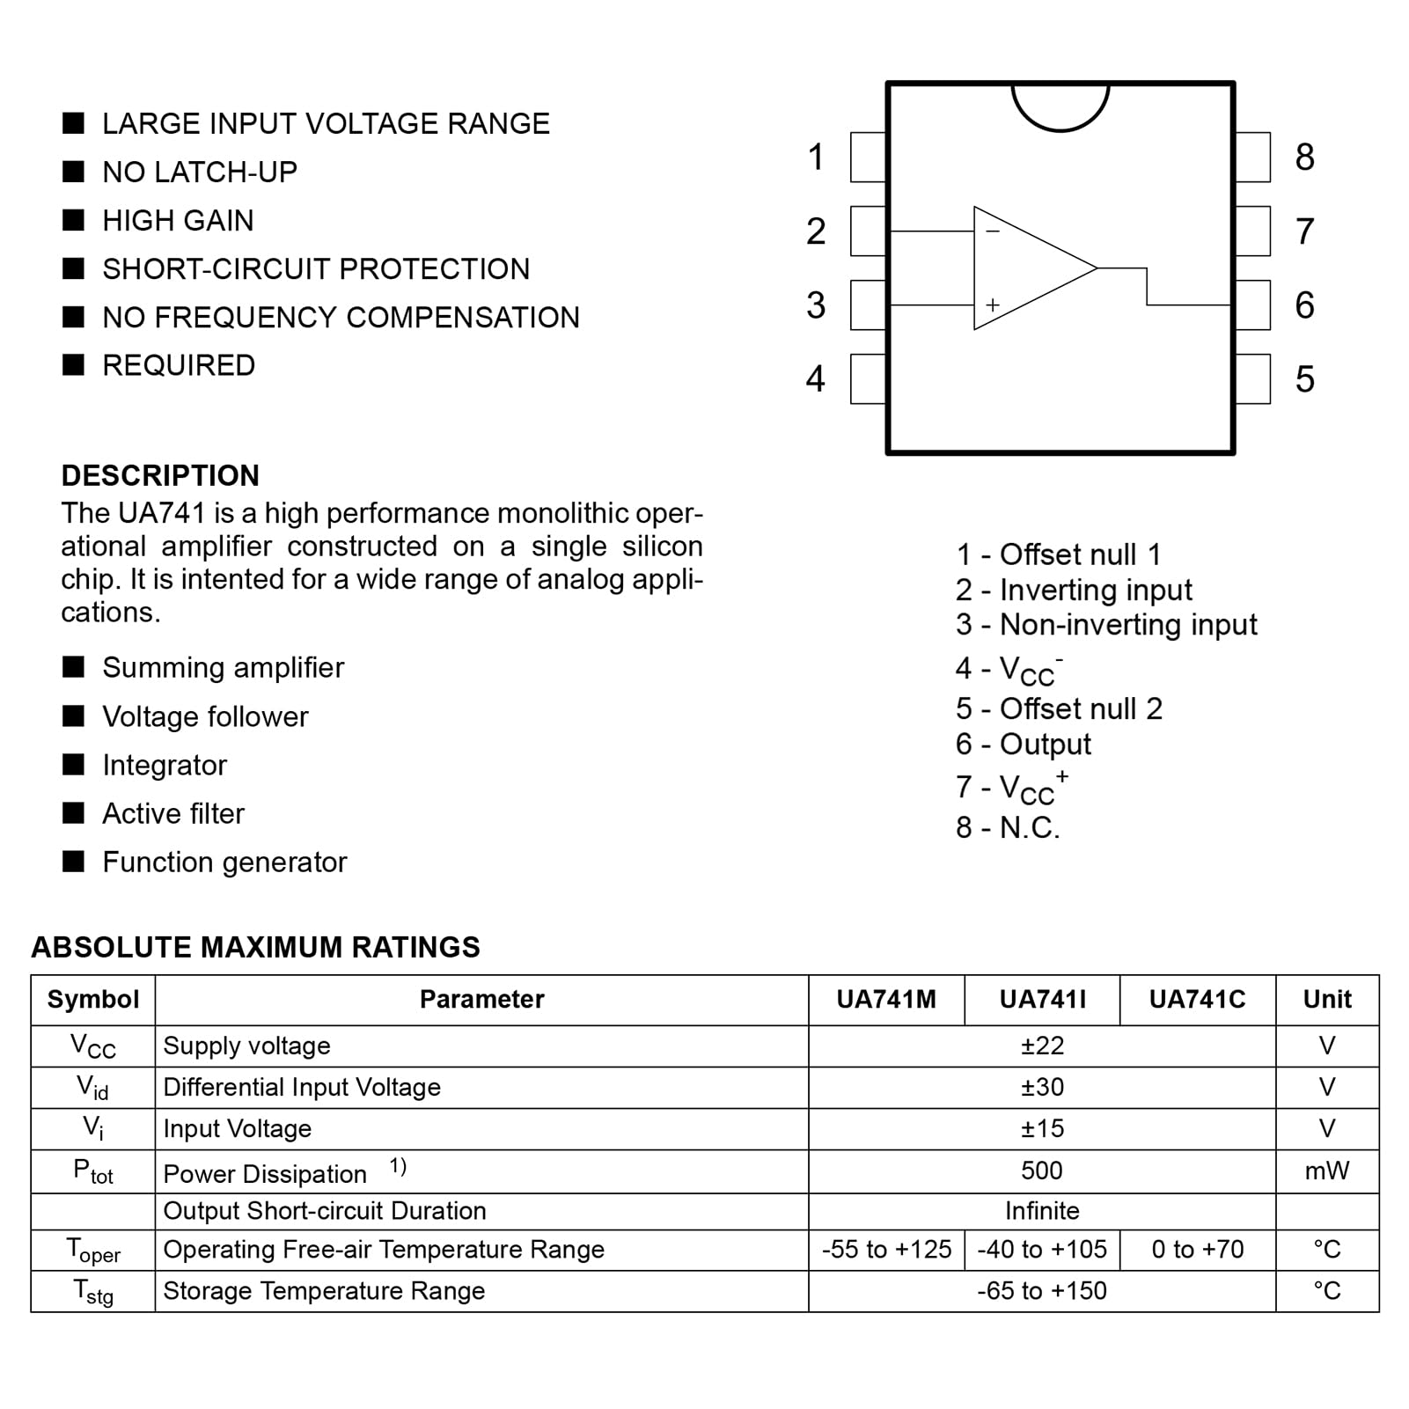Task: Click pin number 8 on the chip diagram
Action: [x=1304, y=158]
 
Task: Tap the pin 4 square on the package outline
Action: [x=868, y=379]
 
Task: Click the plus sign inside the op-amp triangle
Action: [x=993, y=305]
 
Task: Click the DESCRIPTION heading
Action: [x=160, y=476]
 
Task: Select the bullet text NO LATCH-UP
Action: [x=200, y=172]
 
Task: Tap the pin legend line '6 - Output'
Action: [x=1023, y=745]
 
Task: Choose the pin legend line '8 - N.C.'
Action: [x=1008, y=828]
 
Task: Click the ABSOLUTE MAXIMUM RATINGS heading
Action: [x=255, y=948]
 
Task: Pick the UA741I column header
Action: [x=1042, y=1000]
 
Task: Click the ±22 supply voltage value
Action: [x=1042, y=1046]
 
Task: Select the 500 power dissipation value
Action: [x=1042, y=1171]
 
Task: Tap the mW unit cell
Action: [x=1326, y=1171]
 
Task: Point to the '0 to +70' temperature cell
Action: [x=1197, y=1250]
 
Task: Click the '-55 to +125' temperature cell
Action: [x=886, y=1250]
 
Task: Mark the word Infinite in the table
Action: [x=1042, y=1211]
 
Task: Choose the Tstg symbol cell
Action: [x=93, y=1292]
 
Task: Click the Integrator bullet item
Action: [x=165, y=766]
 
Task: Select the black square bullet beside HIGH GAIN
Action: [x=74, y=220]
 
